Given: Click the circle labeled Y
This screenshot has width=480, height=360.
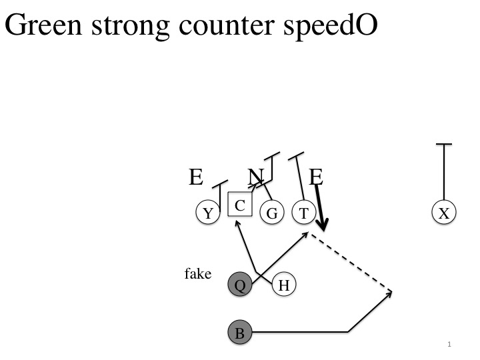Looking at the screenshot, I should coord(208,213).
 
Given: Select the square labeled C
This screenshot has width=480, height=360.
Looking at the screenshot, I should coord(240,205).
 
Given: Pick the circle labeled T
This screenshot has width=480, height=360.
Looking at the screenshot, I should coord(304,213).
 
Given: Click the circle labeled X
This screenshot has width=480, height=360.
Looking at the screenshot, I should coord(444,213).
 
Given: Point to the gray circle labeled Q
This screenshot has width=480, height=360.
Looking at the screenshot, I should coord(240,285).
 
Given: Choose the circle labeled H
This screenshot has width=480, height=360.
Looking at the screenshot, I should coord(283,285).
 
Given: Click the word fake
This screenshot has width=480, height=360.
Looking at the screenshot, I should coord(197,273).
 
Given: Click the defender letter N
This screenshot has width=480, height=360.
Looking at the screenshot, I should coord(255,177).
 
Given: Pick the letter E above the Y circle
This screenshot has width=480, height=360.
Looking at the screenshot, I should coord(195,177).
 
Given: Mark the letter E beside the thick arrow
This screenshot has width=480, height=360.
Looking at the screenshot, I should coord(316,177).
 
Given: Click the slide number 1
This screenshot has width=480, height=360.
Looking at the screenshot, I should coord(451,344).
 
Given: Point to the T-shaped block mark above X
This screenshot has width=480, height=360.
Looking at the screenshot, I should coord(443,145).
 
